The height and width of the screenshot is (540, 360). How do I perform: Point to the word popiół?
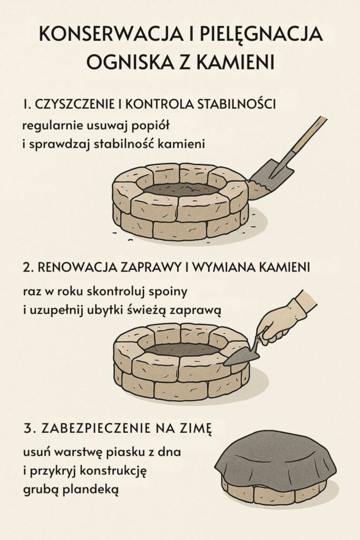[x=155, y=126]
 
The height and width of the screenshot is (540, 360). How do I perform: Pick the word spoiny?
[x=170, y=290]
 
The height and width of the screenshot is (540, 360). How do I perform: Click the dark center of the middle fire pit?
[x=182, y=349]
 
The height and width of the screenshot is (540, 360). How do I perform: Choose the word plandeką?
[x=90, y=489]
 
